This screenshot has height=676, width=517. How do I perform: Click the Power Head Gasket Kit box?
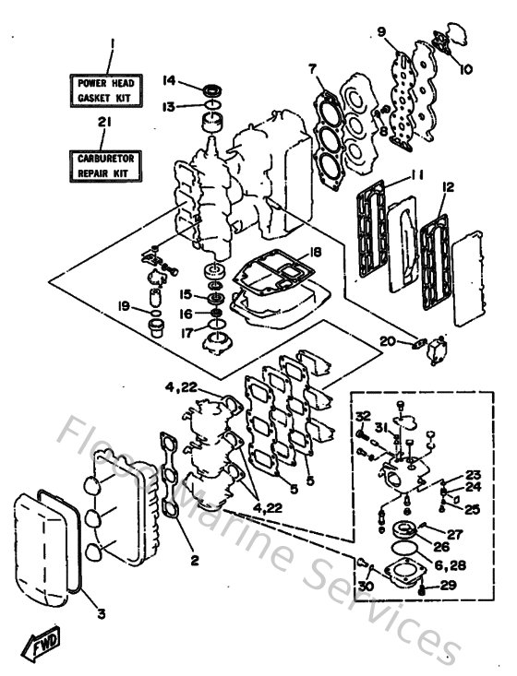110,88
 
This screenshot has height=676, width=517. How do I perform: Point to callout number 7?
312,68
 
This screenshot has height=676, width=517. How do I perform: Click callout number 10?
465,68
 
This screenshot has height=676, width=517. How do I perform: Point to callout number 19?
123,305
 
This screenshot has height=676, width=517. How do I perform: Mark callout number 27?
454,534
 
